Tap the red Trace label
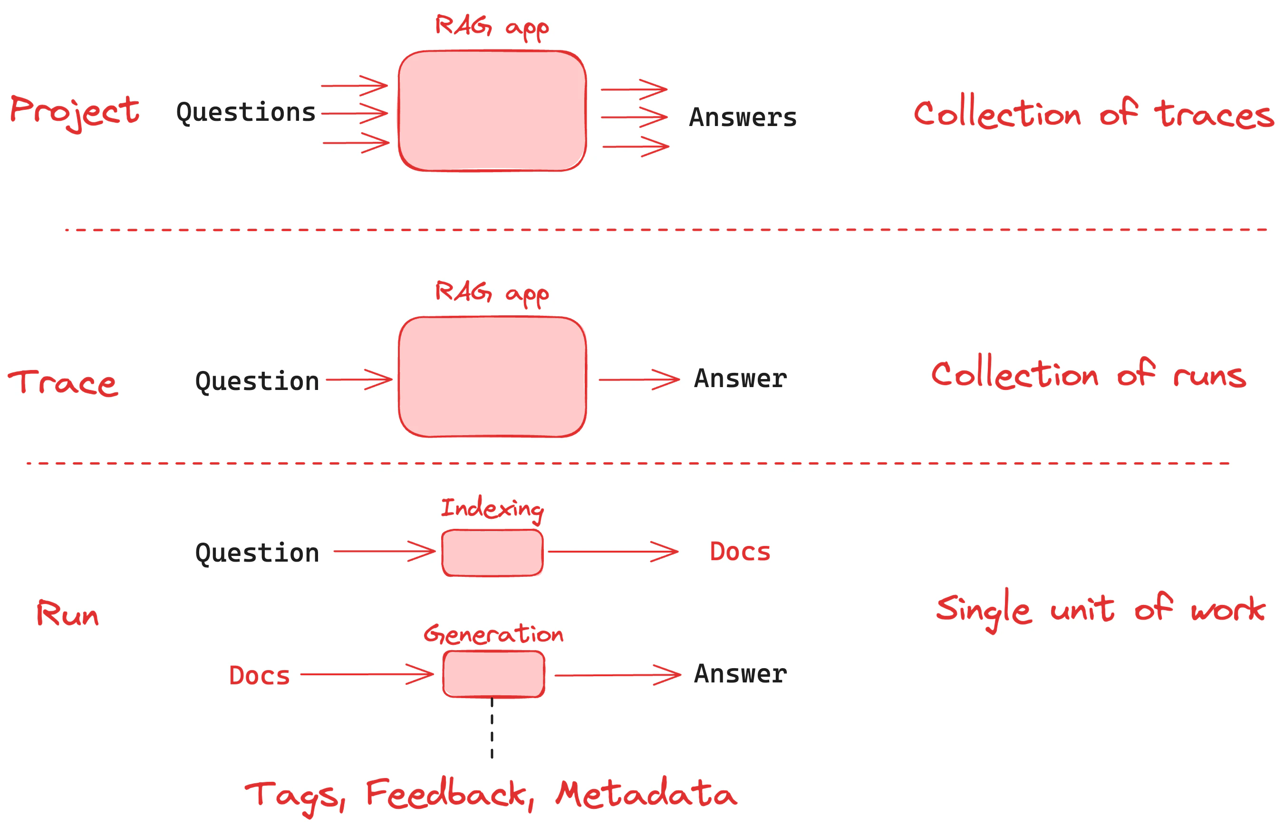[x=63, y=382]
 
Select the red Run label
[x=68, y=613]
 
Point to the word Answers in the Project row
[x=743, y=117]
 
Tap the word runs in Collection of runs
[x=1209, y=376]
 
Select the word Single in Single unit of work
[x=983, y=611]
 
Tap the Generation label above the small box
[x=493, y=634]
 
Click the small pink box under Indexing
[x=492, y=553]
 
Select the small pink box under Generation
[x=493, y=674]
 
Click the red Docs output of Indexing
[x=740, y=552]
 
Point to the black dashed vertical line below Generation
[x=492, y=728]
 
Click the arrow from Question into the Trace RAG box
[x=358, y=379]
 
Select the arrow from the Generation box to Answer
[x=618, y=675]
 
